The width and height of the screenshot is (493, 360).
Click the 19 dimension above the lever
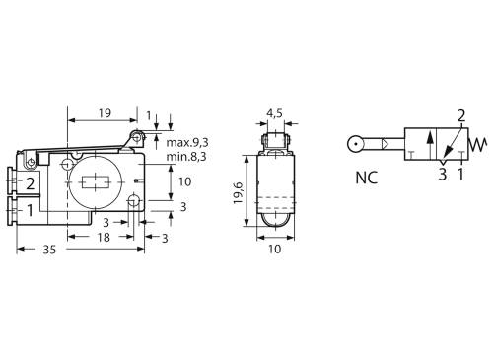[105, 113]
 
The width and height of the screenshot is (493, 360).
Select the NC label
[366, 180]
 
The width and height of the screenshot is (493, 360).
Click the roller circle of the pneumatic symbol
[355, 144]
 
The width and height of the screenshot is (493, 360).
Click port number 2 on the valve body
[31, 183]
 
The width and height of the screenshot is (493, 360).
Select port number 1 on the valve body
[31, 209]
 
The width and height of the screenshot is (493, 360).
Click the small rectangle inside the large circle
[96, 183]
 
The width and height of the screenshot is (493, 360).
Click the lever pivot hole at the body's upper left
[33, 163]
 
